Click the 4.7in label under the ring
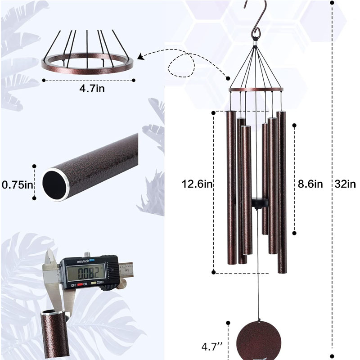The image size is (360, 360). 92,89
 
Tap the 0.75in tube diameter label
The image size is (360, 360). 17,184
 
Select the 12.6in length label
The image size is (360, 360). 197,184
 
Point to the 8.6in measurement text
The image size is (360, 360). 310,184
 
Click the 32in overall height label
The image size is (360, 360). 345,184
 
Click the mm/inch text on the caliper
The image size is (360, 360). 83,261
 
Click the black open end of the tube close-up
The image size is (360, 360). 55,184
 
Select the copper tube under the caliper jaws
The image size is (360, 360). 55,335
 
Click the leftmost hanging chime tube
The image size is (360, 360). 230,191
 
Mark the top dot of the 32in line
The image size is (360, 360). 332,2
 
